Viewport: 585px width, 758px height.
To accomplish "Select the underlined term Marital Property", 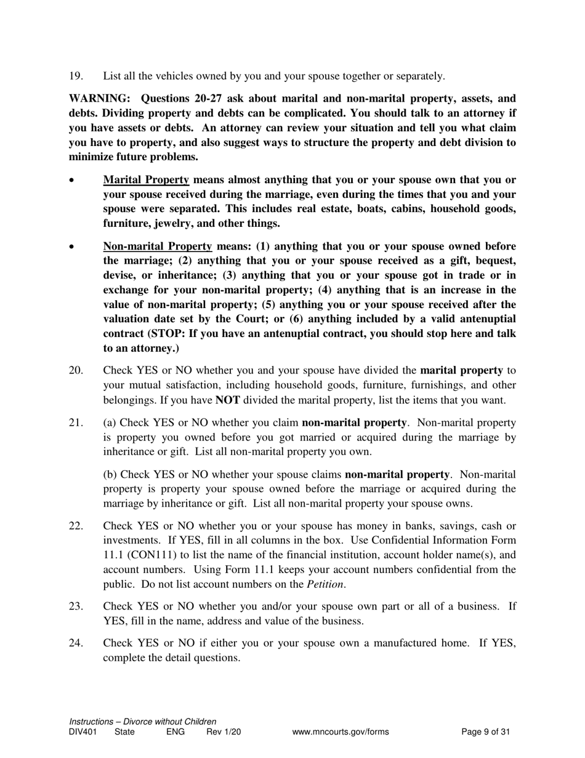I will pos(146,180).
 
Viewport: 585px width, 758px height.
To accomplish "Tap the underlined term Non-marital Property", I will pos(158,246).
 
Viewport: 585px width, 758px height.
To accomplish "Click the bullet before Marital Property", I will pos(72,181).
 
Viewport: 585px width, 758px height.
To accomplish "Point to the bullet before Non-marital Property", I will pos(72,247).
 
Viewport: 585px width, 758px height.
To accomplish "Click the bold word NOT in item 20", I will pos(227,400).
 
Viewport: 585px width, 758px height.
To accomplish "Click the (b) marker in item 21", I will pos(110,475).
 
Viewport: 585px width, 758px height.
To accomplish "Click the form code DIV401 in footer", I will pos(83,732).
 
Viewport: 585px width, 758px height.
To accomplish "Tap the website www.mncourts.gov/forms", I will pos(341,732).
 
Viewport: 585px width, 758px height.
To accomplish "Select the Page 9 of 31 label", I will pos(486,732).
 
